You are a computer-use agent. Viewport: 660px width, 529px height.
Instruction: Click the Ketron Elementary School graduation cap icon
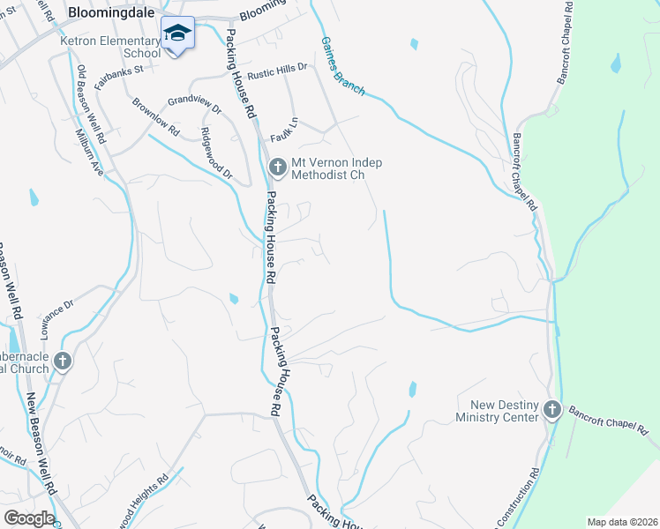pyautogui.click(x=177, y=34)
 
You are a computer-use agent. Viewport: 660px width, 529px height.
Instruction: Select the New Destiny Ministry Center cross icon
pyautogui.click(x=552, y=409)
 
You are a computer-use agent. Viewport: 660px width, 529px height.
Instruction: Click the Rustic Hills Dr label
pyautogui.click(x=277, y=68)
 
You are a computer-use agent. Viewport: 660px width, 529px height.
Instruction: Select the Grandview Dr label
pyautogui.click(x=194, y=104)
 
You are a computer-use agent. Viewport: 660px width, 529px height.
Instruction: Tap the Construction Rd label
pyautogui.click(x=526, y=498)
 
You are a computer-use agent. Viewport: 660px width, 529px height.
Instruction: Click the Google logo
pyautogui.click(x=28, y=518)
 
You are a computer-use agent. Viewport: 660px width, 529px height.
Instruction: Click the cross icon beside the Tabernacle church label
pyautogui.click(x=62, y=361)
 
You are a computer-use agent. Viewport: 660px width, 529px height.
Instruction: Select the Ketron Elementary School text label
pyautogui.click(x=110, y=47)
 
